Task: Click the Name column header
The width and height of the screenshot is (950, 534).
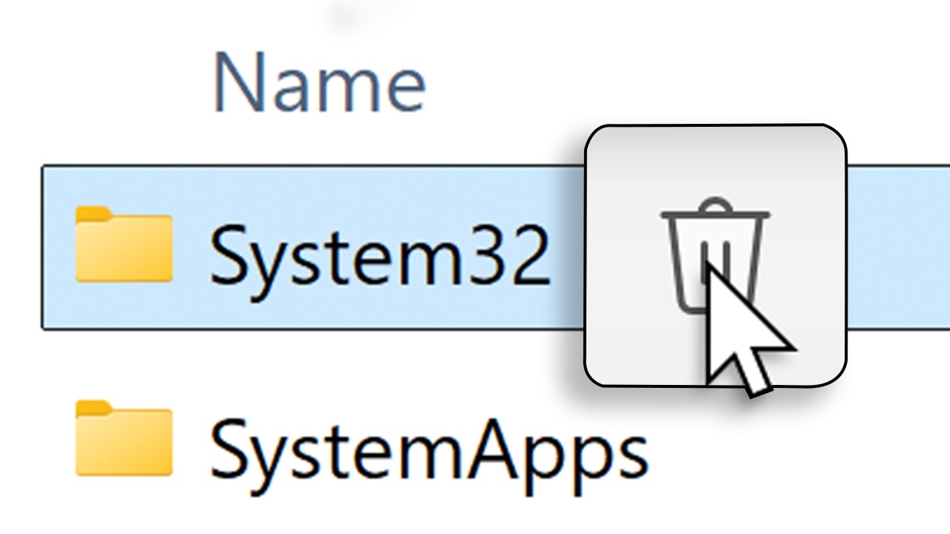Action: [319, 83]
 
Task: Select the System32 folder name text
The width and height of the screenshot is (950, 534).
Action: [379, 255]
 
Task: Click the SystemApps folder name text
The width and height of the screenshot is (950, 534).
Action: [428, 447]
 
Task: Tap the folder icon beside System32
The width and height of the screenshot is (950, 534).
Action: [124, 246]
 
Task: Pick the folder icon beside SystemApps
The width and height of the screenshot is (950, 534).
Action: [124, 438]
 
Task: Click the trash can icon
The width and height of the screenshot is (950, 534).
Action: [715, 255]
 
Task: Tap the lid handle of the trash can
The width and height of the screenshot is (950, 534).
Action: [715, 205]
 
